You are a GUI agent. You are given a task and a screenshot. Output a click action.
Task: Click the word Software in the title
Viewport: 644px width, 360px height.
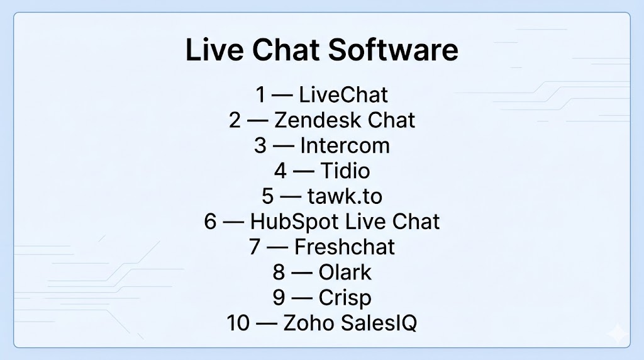tap(393, 50)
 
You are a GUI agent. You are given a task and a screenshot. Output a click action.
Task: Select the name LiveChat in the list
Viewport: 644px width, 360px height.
tap(343, 94)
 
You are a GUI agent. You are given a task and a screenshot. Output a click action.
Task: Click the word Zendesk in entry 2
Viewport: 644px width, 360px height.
tap(318, 120)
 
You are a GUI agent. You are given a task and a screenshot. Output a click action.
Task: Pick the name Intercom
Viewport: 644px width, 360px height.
tap(345, 145)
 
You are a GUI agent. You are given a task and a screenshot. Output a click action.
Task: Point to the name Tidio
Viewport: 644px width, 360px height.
tap(345, 171)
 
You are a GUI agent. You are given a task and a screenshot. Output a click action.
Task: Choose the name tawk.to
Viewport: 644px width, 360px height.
tap(345, 196)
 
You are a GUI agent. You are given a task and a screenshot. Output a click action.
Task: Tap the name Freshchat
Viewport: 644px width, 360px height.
tap(345, 247)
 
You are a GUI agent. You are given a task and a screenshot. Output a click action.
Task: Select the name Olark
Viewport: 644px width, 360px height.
tap(345, 273)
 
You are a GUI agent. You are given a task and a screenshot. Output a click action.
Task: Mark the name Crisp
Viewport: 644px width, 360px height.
tap(345, 298)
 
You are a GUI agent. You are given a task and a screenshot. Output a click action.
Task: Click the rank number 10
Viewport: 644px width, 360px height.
tap(238, 323)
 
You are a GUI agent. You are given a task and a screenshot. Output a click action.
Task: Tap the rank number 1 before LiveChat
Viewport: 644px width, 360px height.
tap(261, 94)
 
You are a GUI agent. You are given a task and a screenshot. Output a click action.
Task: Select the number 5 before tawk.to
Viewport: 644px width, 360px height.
tap(268, 196)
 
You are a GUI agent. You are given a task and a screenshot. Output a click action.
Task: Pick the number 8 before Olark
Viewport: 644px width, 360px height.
tap(279, 273)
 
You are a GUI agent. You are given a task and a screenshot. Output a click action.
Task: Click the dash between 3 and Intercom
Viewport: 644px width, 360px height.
tap(284, 146)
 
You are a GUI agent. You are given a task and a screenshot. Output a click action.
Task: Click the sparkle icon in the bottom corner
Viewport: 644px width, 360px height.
tap(618, 334)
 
